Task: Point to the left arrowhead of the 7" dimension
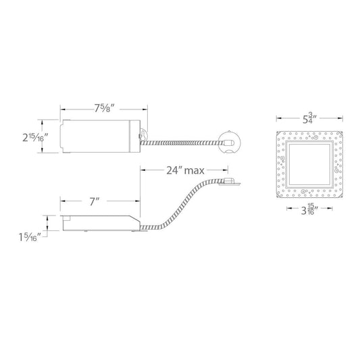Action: coord(61,201)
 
